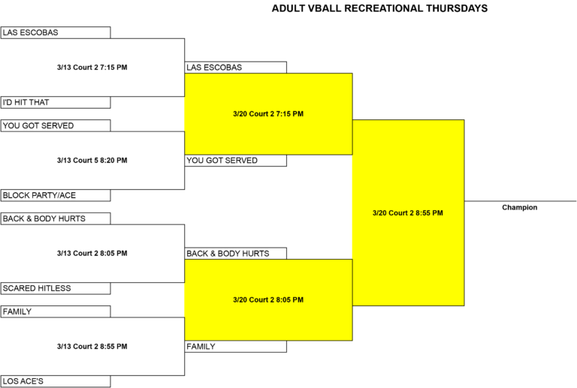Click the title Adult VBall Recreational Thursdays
(x=379, y=8)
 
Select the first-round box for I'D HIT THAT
(x=55, y=103)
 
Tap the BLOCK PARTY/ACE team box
(x=55, y=195)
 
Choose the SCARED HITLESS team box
(x=55, y=288)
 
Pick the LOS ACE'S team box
(x=55, y=381)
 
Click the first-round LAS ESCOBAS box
(x=55, y=32)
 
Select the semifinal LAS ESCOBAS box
(x=235, y=68)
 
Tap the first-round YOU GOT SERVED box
(x=55, y=125)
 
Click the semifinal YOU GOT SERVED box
(x=235, y=161)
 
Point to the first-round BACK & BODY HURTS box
(x=55, y=218)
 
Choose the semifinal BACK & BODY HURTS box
(x=235, y=254)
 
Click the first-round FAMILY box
(x=55, y=311)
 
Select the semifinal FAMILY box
(x=235, y=347)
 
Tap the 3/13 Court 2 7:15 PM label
(x=92, y=68)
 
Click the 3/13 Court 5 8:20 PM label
(x=92, y=160)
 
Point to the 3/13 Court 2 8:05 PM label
(x=92, y=253)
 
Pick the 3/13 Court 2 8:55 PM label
(x=92, y=346)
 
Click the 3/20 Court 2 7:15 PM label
(x=268, y=114)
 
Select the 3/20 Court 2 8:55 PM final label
(x=408, y=212)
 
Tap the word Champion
(x=520, y=208)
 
